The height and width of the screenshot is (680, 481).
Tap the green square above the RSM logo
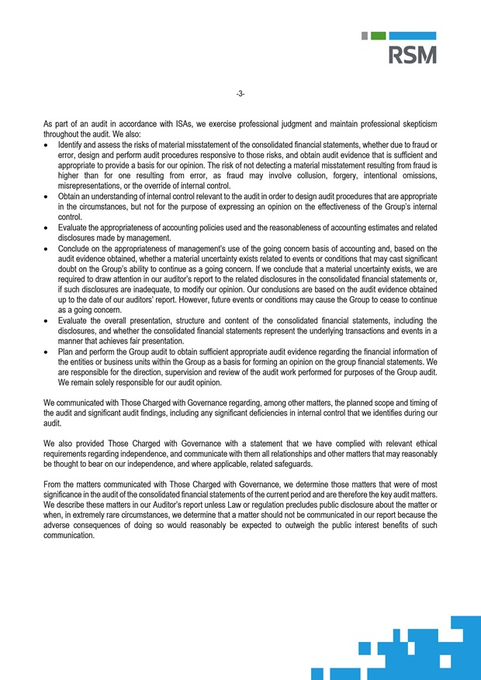click(377, 36)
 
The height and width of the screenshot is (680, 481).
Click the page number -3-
click(240, 95)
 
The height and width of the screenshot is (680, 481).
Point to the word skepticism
click(417, 124)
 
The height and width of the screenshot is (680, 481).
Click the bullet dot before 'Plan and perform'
click(48, 351)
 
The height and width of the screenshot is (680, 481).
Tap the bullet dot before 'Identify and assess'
click(48, 145)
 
